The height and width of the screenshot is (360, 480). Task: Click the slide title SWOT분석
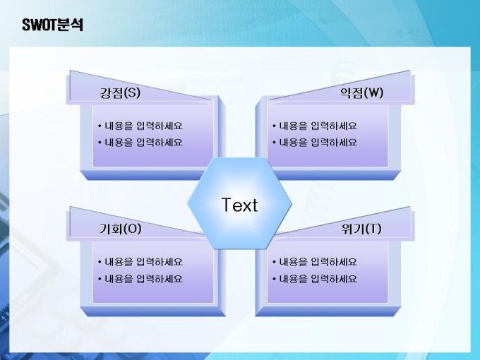53,25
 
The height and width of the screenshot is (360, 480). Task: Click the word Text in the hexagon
239,205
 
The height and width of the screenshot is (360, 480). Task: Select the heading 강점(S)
120,92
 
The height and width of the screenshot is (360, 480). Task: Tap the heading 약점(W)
362,92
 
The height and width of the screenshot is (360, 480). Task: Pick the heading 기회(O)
121,229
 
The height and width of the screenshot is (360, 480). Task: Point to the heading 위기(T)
361,229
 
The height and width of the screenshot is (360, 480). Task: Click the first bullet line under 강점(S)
140,126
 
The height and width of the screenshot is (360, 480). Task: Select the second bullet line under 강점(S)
140,143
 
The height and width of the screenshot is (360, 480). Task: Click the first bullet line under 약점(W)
315,126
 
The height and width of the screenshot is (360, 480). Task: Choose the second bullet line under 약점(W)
315,143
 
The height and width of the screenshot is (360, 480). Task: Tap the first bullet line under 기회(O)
140,262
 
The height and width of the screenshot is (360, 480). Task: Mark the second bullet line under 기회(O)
140,279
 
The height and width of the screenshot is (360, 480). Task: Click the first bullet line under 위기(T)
315,262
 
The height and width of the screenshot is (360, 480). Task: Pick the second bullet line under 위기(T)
315,279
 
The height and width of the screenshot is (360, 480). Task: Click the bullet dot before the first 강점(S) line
100,126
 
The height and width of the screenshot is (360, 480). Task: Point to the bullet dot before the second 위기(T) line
274,279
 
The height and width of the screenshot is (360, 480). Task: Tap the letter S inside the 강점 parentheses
132,92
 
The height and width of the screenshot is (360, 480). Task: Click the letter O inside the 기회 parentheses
132,229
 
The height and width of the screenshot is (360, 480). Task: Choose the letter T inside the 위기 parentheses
373,229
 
